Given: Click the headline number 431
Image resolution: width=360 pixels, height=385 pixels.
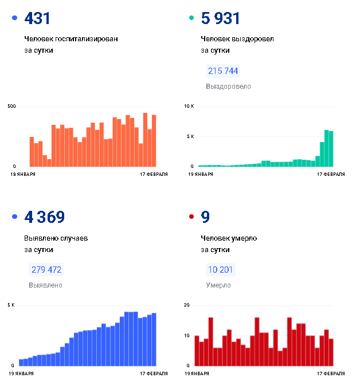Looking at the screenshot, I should click(x=38, y=19).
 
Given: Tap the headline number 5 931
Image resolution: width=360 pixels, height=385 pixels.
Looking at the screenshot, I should click(x=221, y=19).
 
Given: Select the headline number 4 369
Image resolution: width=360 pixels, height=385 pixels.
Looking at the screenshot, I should click(x=45, y=217).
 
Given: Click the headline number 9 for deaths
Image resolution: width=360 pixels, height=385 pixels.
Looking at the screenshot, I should click(x=206, y=217).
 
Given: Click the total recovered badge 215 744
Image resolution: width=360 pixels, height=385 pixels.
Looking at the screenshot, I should click(x=223, y=71).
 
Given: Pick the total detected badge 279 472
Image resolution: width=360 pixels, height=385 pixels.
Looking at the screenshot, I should click(x=46, y=270).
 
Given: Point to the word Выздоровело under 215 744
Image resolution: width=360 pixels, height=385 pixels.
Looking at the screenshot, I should click(x=228, y=87).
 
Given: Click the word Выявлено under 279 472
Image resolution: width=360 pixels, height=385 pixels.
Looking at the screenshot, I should click(x=45, y=285).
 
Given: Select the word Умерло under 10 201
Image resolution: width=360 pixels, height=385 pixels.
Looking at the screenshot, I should click(x=218, y=285).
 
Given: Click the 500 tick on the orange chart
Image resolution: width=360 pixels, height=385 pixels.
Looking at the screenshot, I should click(x=11, y=107).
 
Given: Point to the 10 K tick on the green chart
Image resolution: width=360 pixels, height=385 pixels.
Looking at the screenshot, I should click(x=189, y=107).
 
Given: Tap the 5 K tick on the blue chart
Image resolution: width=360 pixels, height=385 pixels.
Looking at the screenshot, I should click(x=11, y=305).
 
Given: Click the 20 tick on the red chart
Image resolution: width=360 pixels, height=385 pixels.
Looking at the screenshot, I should click(x=187, y=305).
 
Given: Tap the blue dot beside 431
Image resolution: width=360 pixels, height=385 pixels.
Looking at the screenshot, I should click(x=14, y=19).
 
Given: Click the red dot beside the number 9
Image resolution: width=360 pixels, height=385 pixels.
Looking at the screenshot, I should click(x=191, y=217).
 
